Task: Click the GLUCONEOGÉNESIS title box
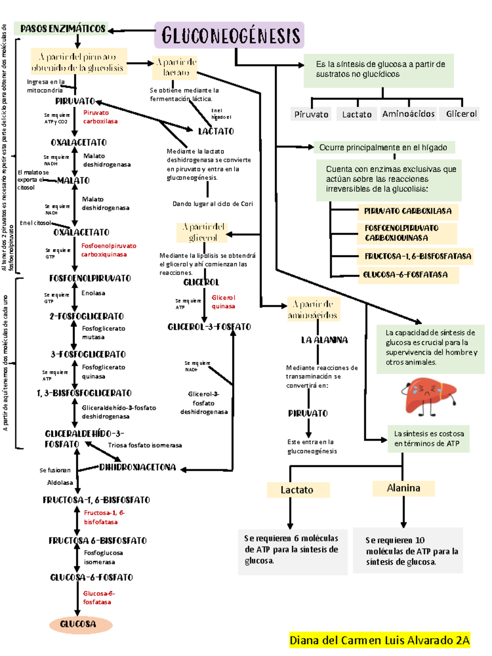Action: [230, 35]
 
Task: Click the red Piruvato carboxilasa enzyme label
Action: [100, 117]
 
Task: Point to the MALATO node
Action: [73, 180]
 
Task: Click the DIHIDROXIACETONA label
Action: [137, 467]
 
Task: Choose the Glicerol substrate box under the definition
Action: [461, 114]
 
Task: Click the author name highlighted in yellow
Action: [379, 640]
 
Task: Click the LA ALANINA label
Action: [324, 340]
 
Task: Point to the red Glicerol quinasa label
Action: [223, 302]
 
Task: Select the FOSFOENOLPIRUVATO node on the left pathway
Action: [90, 278]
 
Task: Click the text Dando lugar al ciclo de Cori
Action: [212, 204]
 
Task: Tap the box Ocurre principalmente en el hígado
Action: [383, 148]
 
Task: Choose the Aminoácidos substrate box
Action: [408, 114]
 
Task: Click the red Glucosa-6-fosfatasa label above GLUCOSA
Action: [98, 597]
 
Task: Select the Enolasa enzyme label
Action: [93, 293]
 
